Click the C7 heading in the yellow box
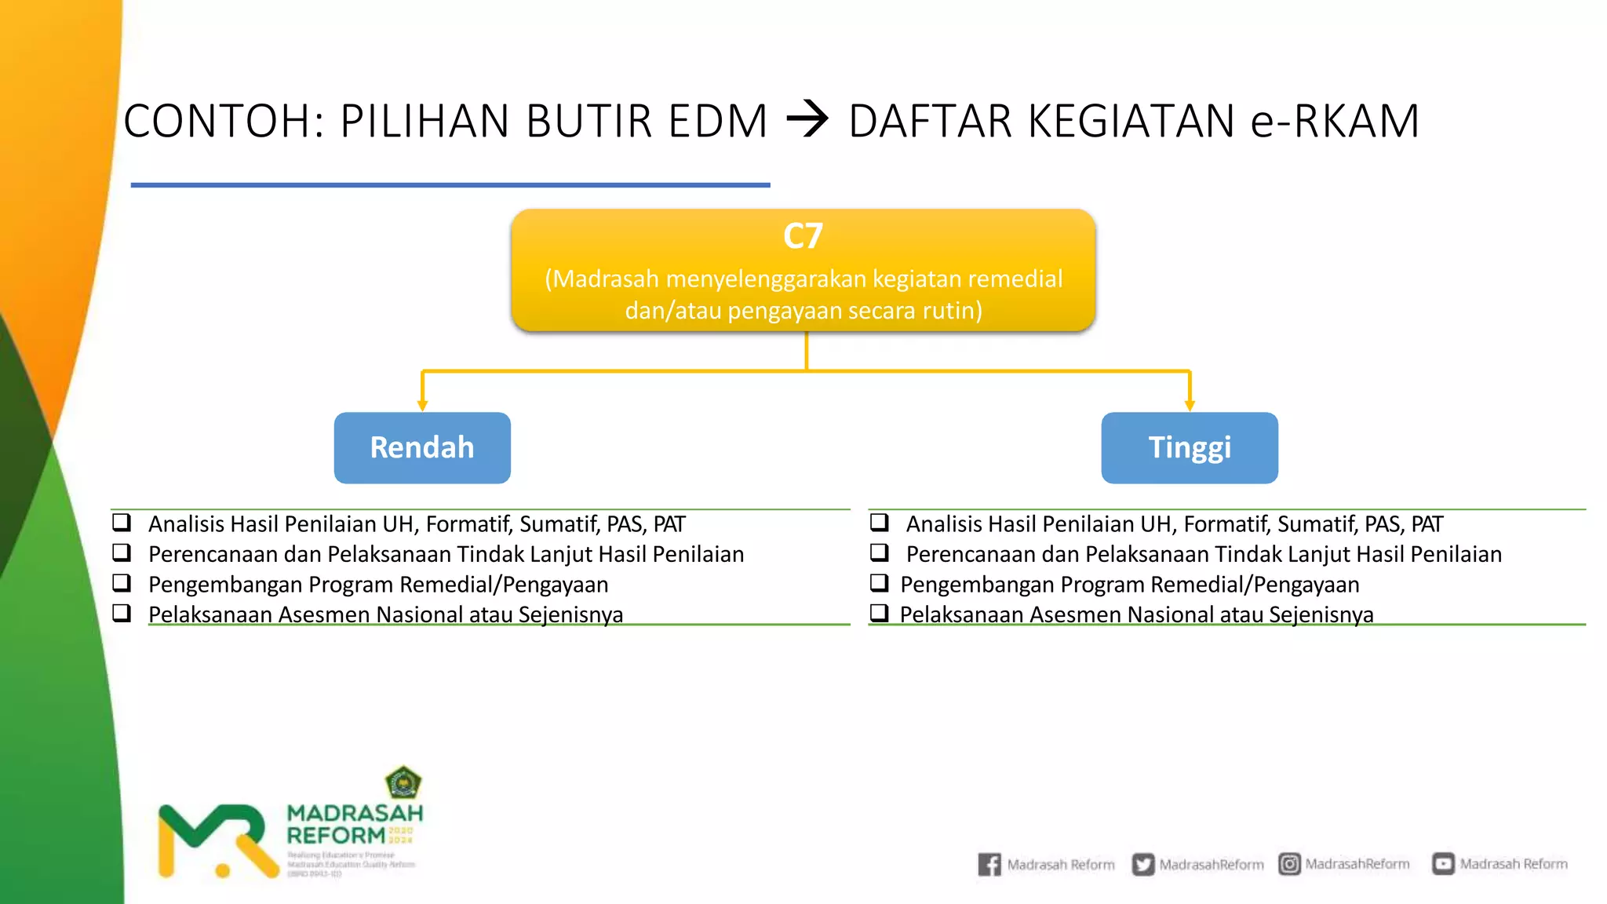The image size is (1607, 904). pos(803,236)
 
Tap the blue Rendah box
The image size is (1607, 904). pos(422,447)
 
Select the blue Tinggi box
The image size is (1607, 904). pos(1190,447)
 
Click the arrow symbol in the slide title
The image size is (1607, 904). pos(807,121)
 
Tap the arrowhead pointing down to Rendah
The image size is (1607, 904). pos(422,405)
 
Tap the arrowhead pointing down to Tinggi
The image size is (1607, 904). pos(1190,405)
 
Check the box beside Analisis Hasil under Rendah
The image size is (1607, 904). pos(122,522)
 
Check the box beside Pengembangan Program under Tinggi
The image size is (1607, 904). pos(880,583)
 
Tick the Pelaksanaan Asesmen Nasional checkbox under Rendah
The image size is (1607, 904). pos(122,613)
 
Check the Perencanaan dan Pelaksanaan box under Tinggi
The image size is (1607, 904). pos(880,552)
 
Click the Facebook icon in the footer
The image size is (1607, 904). pos(989,864)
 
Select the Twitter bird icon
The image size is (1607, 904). pos(1143,864)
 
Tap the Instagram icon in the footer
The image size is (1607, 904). pos(1289,864)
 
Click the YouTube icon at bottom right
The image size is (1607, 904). pos(1443,864)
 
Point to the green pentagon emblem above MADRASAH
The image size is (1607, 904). pos(403,782)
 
